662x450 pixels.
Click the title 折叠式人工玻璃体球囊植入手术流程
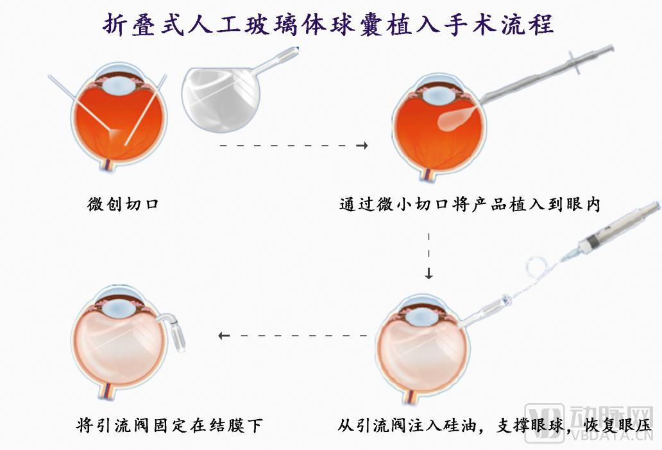pyautogui.click(x=328, y=25)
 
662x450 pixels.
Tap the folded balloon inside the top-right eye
pyautogui.click(x=455, y=118)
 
